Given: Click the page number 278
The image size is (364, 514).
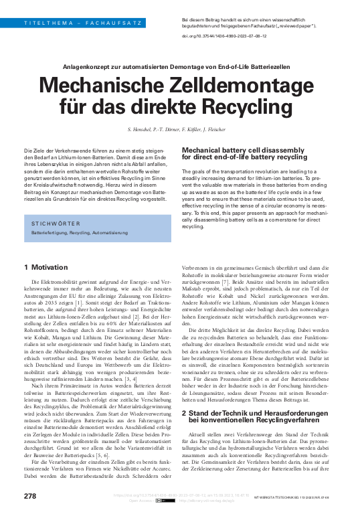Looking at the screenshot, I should coord(30,495).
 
